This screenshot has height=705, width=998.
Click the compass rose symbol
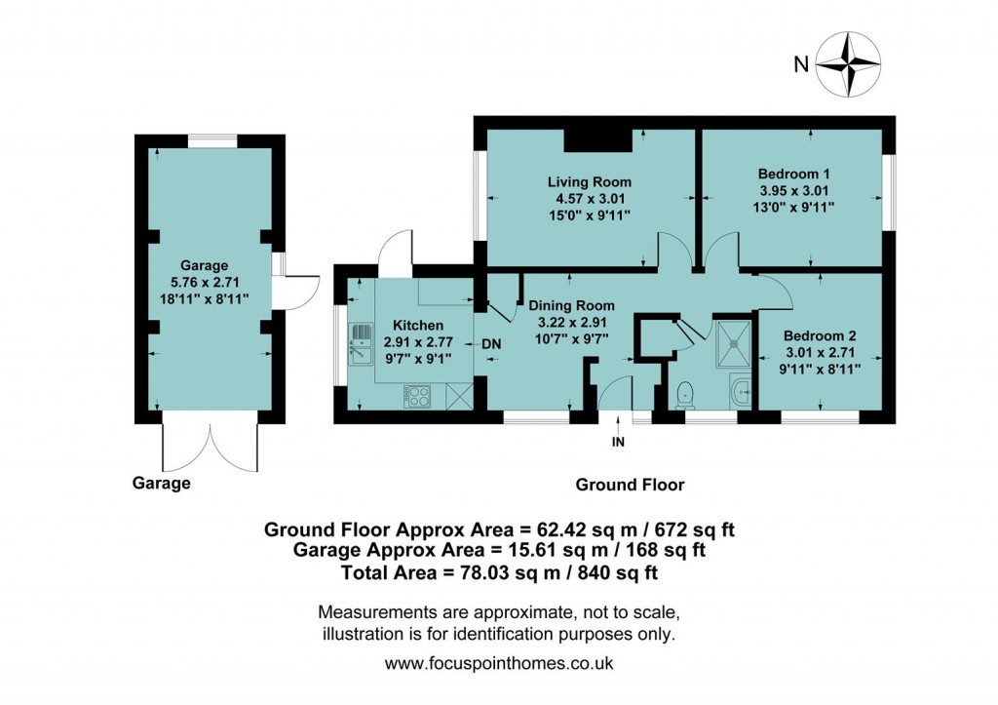pos(847,64)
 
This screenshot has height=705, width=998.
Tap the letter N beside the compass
pos(800,65)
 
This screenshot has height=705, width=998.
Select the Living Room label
pos(589,181)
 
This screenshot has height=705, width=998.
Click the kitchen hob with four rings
pos(419,396)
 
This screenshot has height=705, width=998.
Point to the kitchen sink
pos(361,344)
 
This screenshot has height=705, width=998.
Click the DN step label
pos(491,344)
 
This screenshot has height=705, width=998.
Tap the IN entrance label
pos(617,442)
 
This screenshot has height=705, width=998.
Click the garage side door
pos(295,290)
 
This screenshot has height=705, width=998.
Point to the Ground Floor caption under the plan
pos(630,485)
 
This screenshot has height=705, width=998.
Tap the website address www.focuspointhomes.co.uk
pos(498,664)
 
